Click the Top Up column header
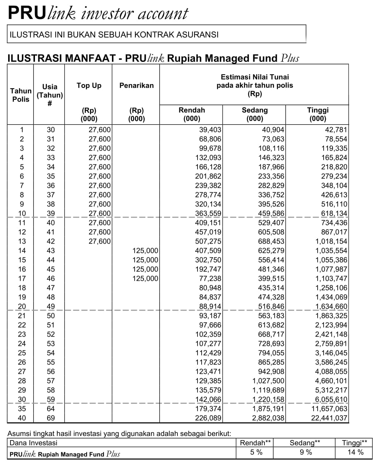coord(89,86)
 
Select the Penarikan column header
coord(136,86)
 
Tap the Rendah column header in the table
coord(192,110)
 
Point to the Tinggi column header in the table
coord(318,110)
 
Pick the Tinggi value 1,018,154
coord(331,241)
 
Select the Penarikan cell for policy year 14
coord(145,251)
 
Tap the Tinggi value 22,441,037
coord(329,418)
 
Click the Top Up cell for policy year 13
coord(99,241)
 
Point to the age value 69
coord(51,418)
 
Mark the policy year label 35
coord(22,409)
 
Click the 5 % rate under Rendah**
coord(256,453)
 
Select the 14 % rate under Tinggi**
coord(355,453)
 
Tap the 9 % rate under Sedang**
coord(306,453)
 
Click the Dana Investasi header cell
coord(33,443)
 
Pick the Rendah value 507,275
coord(208,241)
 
